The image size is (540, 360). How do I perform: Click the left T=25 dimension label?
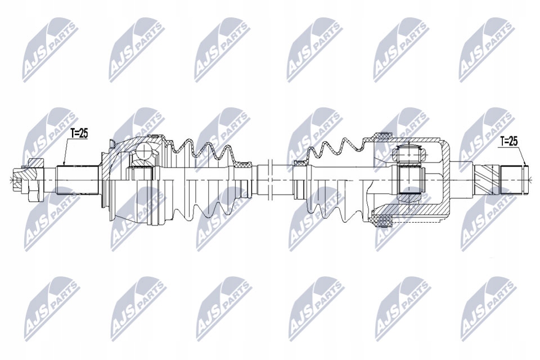(x=79, y=133)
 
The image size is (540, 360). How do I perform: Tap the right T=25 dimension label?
(x=509, y=141)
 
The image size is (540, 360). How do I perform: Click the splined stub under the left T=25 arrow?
(x=78, y=181)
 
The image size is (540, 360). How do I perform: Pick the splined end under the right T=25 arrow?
(x=515, y=180)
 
